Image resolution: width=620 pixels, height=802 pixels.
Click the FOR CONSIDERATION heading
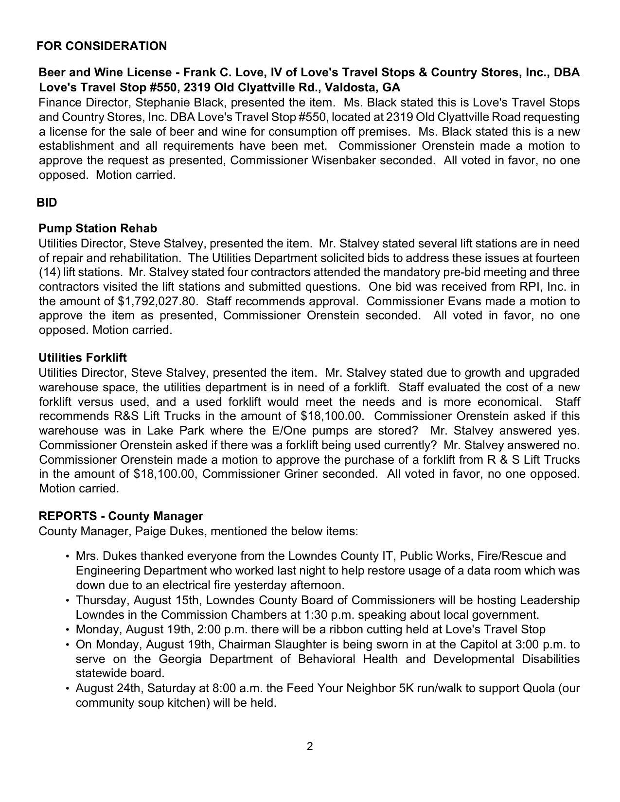point(102,46)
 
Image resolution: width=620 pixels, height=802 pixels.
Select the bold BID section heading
point(47,203)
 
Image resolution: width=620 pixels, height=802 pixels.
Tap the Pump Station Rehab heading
point(98,228)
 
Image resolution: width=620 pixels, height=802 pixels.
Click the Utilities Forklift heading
point(83,358)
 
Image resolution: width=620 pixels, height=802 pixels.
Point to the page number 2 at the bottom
point(310,746)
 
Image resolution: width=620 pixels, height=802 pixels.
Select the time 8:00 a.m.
point(238,689)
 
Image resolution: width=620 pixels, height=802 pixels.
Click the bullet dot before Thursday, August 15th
point(67,601)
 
